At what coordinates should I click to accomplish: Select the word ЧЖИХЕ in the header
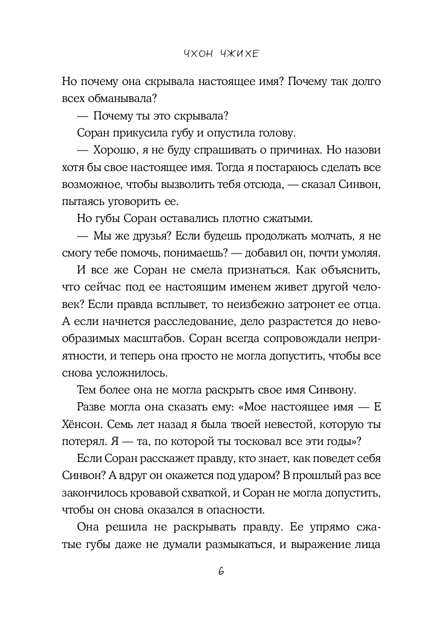237,54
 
